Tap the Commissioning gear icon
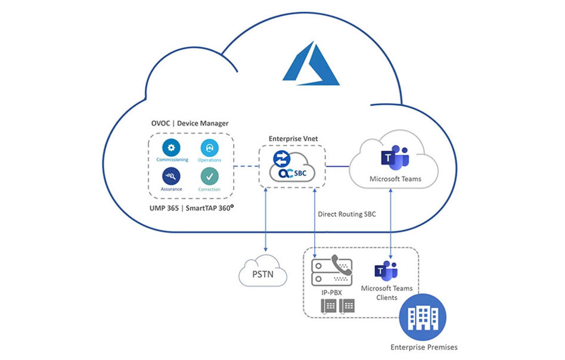[172, 148]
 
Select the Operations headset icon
[209, 148]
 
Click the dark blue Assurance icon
[172, 176]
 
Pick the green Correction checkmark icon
[209, 176]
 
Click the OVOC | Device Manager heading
[190, 123]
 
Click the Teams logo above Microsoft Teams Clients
[386, 270]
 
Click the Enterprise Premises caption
[424, 347]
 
